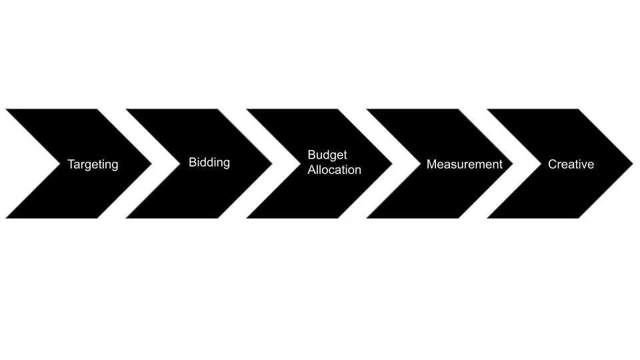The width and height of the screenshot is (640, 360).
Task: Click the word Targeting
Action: [x=93, y=164]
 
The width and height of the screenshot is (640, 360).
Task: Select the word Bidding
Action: [x=209, y=162]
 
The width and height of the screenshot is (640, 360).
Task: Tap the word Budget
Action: [x=327, y=155]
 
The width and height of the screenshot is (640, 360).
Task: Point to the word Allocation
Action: [x=334, y=170]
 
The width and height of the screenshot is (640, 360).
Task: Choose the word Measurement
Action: [x=464, y=164]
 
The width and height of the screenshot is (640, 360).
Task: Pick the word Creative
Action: [x=571, y=164]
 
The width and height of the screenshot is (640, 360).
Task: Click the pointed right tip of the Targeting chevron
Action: [x=151, y=163]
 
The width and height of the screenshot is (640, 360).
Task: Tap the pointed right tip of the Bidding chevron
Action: [x=272, y=163]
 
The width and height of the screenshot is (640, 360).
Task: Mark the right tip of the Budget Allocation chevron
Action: [x=392, y=163]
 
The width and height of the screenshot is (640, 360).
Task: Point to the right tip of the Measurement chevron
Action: [x=512, y=163]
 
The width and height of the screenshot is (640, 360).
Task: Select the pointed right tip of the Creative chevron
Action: [x=632, y=163]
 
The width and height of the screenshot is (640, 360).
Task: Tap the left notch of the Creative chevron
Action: [x=540, y=163]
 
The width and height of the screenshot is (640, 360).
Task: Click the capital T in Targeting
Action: [x=71, y=164]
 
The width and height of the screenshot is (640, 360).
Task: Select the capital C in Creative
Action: [x=552, y=164]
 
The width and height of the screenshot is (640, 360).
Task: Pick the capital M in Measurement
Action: [x=431, y=164]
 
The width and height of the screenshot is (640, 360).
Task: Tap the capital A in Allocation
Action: [x=312, y=170]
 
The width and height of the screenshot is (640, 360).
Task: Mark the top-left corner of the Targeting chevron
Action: [x=6, y=109]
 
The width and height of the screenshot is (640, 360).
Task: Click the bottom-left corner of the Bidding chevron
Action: [x=127, y=218]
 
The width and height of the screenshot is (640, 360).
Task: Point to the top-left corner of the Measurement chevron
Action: [x=367, y=109]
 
